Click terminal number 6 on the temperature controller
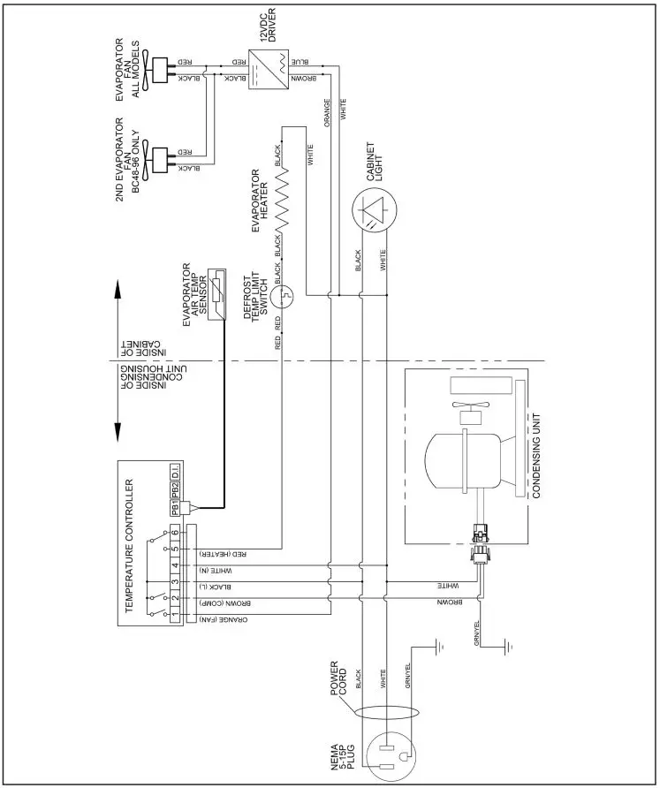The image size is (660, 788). click(x=177, y=533)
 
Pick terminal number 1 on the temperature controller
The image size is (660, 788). click(x=177, y=613)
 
